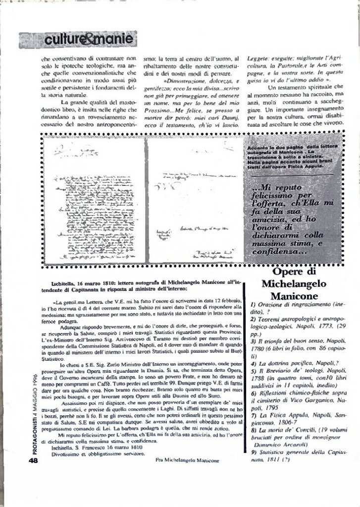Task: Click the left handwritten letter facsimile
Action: click(93, 200)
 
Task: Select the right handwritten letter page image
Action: click(195, 200)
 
